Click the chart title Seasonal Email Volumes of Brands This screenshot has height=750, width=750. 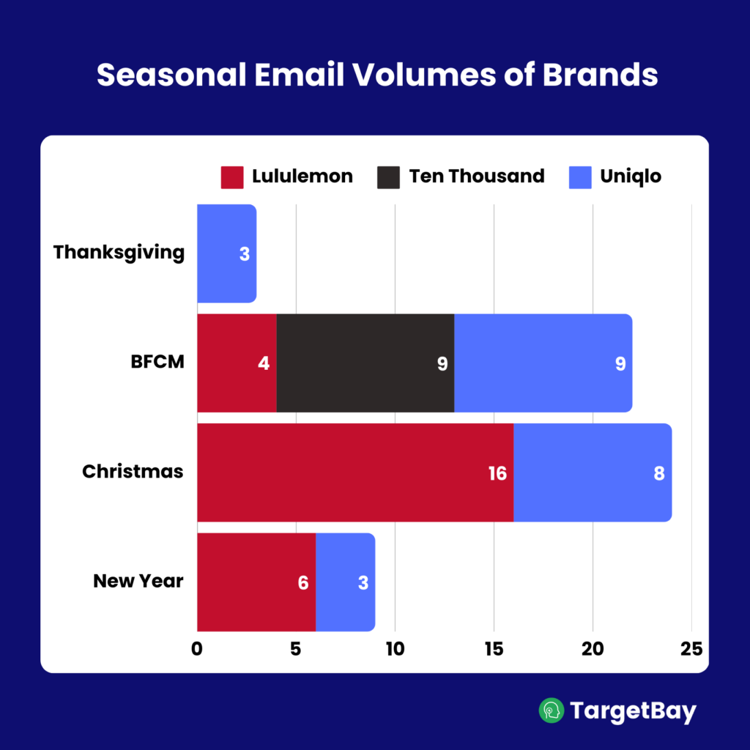[x=377, y=75]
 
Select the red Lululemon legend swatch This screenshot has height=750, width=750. [x=231, y=177]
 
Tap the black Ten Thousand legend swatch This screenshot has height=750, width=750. [x=388, y=177]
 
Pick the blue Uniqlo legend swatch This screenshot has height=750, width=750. [x=580, y=177]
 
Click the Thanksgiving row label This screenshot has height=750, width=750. [x=119, y=253]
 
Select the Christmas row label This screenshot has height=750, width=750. [x=133, y=472]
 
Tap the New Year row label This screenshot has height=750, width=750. [x=138, y=582]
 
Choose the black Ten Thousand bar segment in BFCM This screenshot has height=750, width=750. [x=365, y=363]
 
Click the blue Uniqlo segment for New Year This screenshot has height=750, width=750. [x=344, y=582]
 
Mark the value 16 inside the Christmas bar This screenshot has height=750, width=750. [x=497, y=473]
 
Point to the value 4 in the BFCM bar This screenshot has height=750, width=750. [x=264, y=364]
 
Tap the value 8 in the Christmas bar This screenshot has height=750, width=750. [x=658, y=473]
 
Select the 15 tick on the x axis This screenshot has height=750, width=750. [x=494, y=649]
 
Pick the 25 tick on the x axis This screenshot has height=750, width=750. [x=691, y=649]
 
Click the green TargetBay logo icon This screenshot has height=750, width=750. [x=552, y=710]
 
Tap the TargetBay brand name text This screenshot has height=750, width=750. [x=633, y=711]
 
